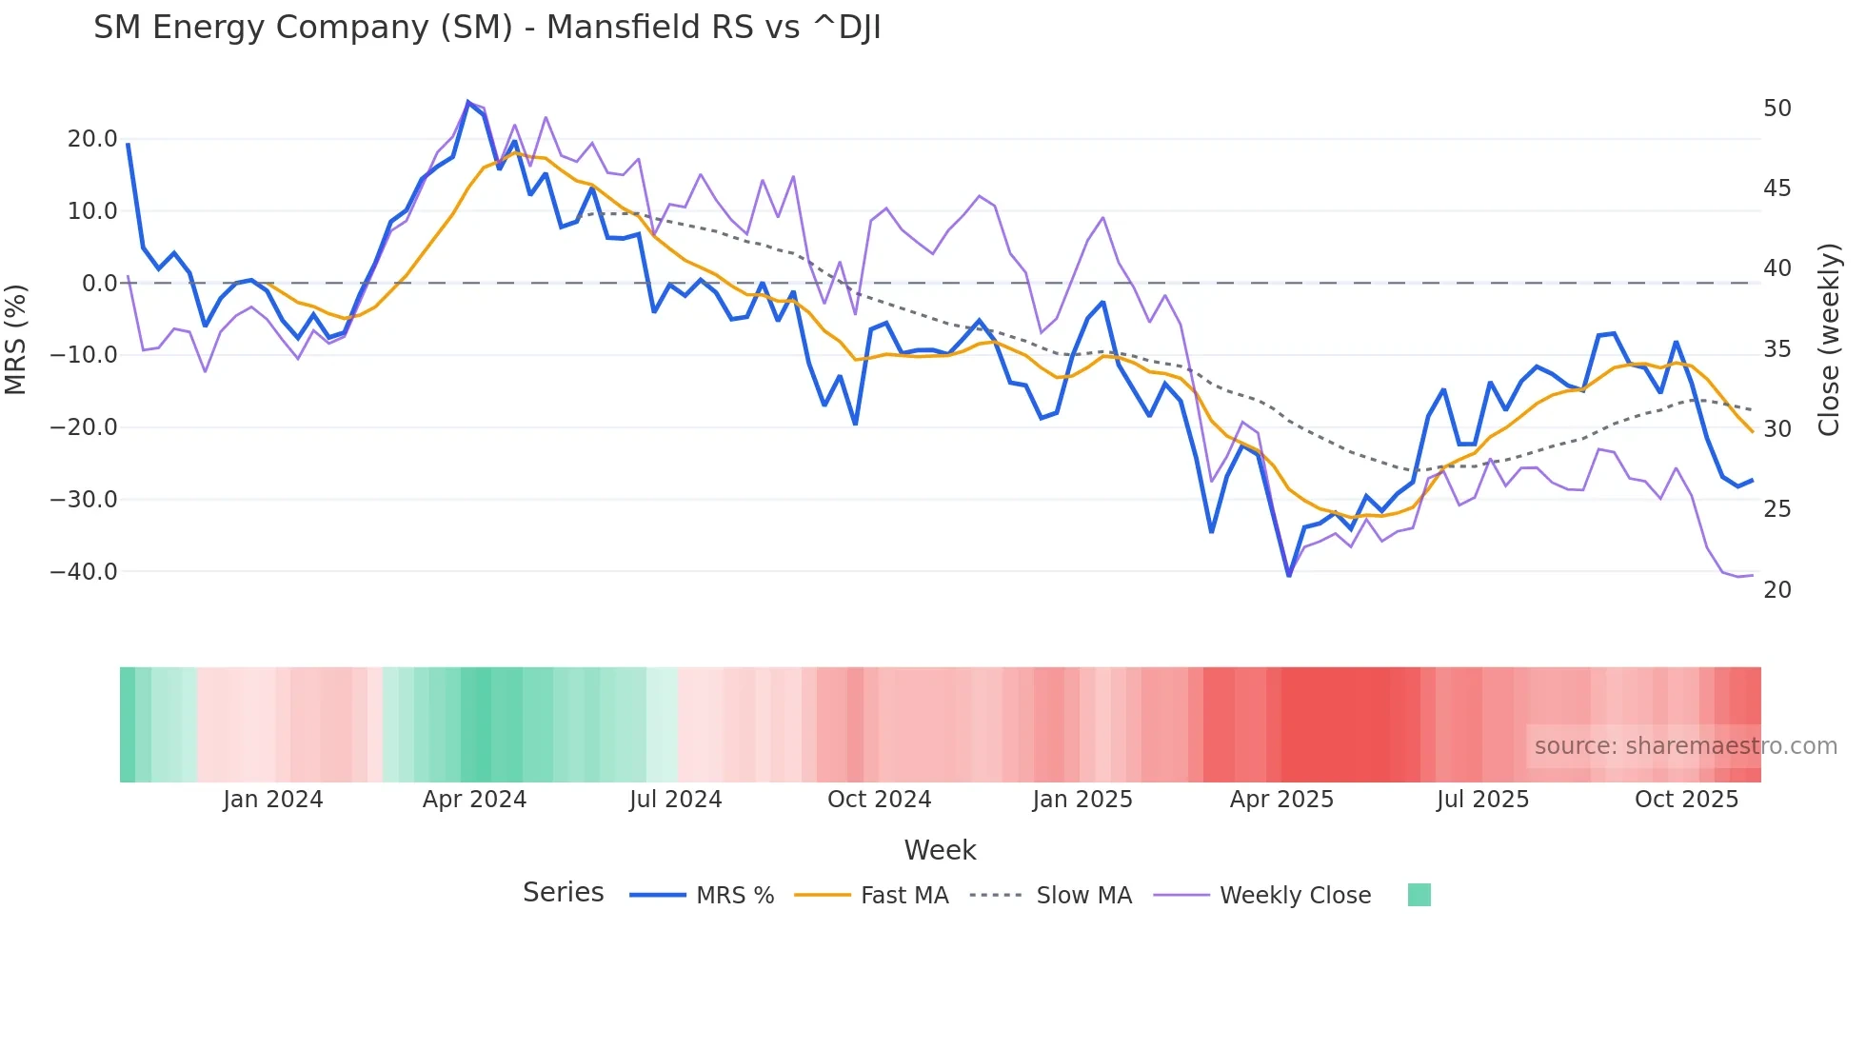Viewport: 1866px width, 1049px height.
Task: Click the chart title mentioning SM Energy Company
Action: tap(486, 28)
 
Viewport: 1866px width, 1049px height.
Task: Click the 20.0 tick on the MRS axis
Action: tap(92, 139)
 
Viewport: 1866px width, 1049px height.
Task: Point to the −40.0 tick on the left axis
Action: tap(84, 572)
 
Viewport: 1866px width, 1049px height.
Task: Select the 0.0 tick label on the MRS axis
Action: tap(99, 284)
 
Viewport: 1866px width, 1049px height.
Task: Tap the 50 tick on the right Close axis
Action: tap(1777, 109)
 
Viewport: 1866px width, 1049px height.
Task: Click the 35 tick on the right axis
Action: tap(1777, 349)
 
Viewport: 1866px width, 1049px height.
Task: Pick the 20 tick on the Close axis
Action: tap(1777, 590)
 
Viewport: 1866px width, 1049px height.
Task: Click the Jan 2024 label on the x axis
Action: tap(273, 800)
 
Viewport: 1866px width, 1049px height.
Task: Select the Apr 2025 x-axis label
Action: tap(1281, 800)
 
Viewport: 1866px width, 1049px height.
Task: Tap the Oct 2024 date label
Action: tap(879, 800)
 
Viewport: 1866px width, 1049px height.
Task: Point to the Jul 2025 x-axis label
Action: tap(1482, 800)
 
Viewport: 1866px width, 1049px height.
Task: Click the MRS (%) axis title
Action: tap(16, 339)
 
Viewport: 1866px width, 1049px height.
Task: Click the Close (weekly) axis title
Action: tap(1829, 340)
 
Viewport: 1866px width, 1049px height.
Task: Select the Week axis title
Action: tap(940, 850)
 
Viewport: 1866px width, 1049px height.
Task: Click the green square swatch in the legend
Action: tap(1419, 895)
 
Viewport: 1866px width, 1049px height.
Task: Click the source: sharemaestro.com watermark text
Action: tap(1685, 746)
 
